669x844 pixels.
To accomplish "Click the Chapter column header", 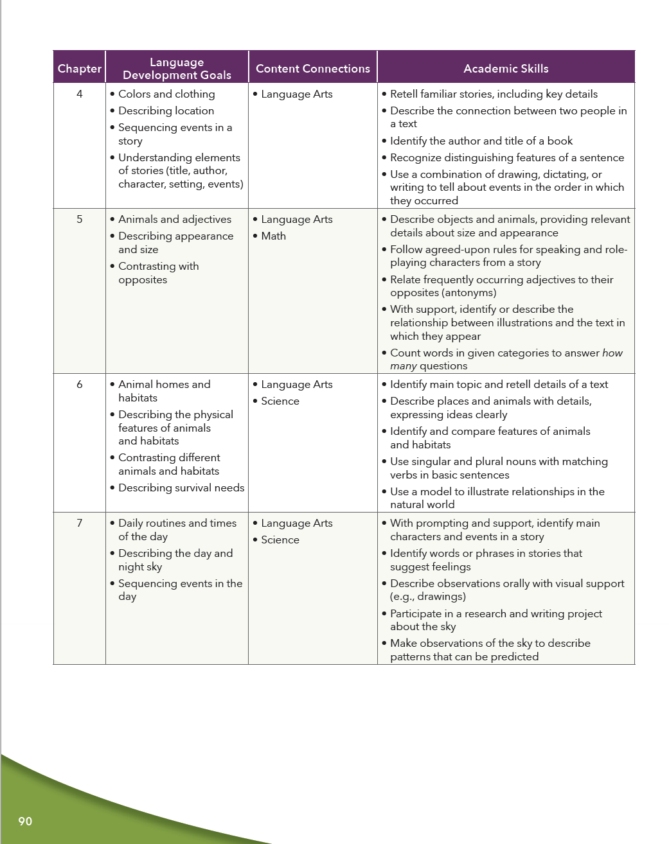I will click(x=79, y=69).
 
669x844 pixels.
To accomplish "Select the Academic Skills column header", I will click(x=506, y=69).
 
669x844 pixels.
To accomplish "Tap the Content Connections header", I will click(x=312, y=69).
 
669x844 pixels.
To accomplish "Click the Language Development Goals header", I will click(x=177, y=69).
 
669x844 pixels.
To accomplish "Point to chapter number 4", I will click(x=80, y=94).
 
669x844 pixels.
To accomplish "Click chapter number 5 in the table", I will click(x=80, y=219).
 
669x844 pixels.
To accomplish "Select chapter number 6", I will click(x=80, y=384).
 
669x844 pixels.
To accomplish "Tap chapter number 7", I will click(x=80, y=523).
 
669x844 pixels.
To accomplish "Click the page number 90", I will click(x=25, y=821).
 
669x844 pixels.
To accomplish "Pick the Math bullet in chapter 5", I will click(x=273, y=236).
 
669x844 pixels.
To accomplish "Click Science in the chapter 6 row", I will click(x=280, y=401).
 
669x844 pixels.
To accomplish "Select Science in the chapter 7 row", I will click(x=280, y=540).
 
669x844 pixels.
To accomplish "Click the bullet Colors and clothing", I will click(x=166, y=94).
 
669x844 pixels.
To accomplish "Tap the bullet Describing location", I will click(x=166, y=110).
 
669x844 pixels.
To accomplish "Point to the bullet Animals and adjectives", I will click(x=174, y=219).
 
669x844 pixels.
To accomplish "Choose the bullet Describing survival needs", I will click(x=181, y=488).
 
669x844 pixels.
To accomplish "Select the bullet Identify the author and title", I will click(x=481, y=141).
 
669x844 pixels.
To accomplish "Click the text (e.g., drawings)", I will click(x=427, y=596).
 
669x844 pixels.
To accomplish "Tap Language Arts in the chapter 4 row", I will click(x=296, y=94).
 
